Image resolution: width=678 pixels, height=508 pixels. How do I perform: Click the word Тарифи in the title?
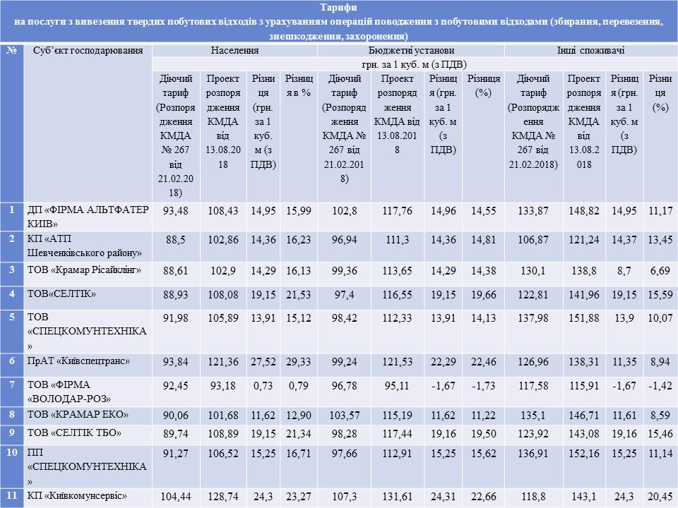(338, 8)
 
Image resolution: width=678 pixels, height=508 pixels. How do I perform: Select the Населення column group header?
(235, 51)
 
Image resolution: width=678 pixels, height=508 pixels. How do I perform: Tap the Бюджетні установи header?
(411, 51)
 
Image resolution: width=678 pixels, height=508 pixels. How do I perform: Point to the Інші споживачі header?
(590, 51)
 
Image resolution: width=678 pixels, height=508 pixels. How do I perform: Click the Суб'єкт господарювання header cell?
(88, 51)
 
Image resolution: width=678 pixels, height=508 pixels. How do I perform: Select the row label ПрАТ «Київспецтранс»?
(78, 361)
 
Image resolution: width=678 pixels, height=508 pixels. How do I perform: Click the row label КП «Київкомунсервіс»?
(77, 496)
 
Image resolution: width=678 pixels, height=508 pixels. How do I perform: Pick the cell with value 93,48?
(177, 210)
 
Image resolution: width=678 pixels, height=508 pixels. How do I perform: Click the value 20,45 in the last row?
(660, 496)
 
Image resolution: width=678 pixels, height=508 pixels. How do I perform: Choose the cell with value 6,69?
(660, 270)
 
